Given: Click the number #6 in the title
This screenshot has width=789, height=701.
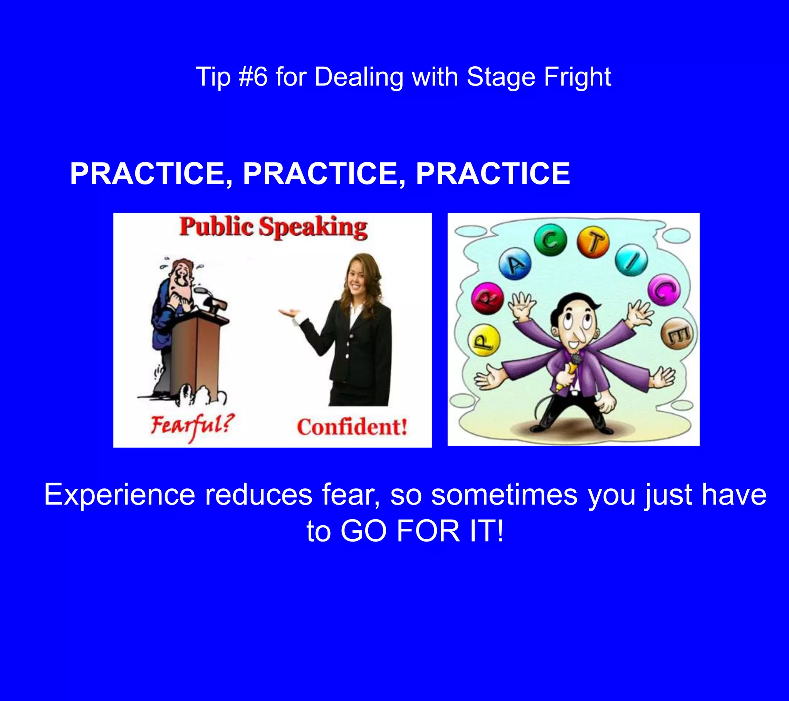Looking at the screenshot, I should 253,77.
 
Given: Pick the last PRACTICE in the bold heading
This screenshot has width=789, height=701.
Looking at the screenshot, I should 492,174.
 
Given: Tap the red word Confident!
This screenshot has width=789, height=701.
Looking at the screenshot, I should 352,427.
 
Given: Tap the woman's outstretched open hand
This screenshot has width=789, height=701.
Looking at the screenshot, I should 289,312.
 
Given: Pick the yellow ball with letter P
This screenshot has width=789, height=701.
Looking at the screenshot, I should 483,340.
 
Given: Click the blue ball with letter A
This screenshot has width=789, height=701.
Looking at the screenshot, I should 515,265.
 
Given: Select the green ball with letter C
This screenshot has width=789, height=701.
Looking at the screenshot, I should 550,240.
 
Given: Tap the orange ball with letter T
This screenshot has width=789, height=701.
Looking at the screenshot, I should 593,242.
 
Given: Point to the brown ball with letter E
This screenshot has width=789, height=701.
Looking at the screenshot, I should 677,333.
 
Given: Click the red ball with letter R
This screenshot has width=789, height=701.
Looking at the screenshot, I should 487,298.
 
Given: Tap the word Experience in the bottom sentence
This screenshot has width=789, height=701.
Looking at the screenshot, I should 120,495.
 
